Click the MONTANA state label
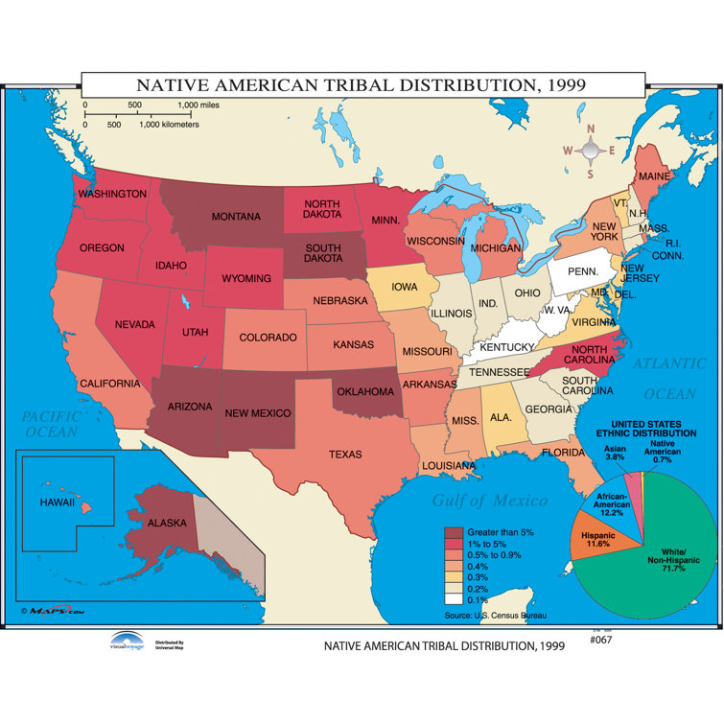click(236, 217)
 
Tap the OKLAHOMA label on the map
click(363, 391)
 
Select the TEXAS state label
click(345, 454)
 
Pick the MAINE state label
click(654, 177)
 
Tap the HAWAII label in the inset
click(57, 502)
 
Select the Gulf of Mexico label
click(489, 500)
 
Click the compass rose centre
click(592, 150)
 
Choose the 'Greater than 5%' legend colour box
click(454, 532)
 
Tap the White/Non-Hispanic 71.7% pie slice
click(662, 566)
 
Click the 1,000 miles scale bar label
click(200, 105)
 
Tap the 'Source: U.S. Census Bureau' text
click(493, 614)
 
